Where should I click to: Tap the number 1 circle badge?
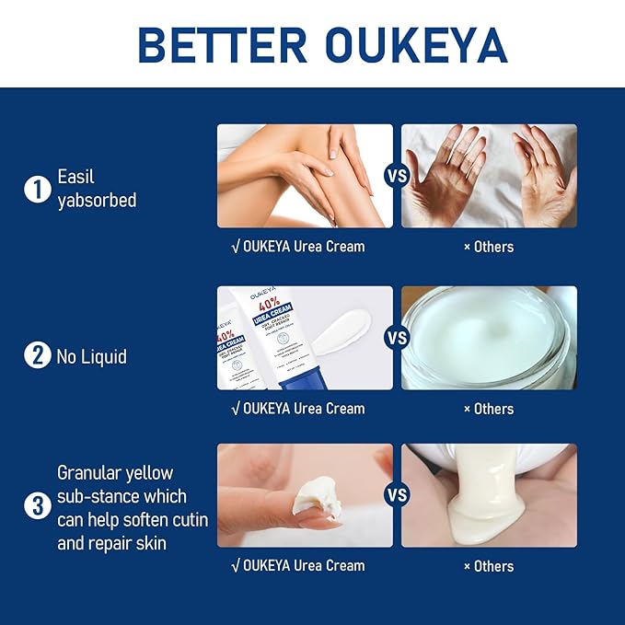(x=37, y=190)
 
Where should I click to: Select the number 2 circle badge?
(x=37, y=354)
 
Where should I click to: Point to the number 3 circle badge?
(x=37, y=506)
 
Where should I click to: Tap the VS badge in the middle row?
(x=397, y=338)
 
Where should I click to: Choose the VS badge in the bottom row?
(x=397, y=495)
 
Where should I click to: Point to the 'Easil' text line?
(x=76, y=176)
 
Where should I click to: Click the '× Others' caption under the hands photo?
(x=489, y=247)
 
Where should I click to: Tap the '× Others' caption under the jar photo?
(x=489, y=409)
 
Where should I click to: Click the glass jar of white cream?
(x=489, y=338)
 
